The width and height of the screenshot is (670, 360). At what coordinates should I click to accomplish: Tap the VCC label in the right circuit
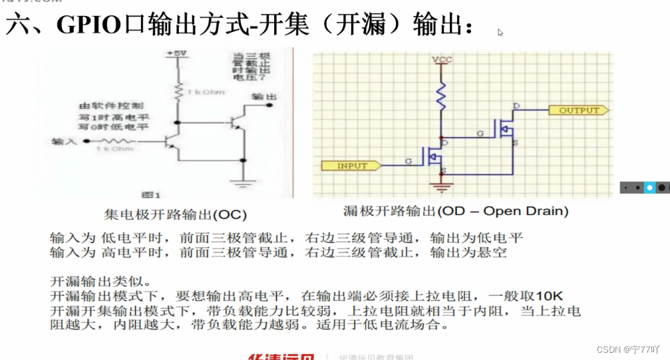pyautogui.click(x=442, y=60)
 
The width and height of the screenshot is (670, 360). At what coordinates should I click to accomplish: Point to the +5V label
pyautogui.click(x=178, y=53)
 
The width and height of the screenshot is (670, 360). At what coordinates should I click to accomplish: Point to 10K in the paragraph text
pyautogui.click(x=550, y=295)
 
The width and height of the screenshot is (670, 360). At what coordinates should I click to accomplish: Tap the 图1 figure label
pyautogui.click(x=152, y=194)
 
